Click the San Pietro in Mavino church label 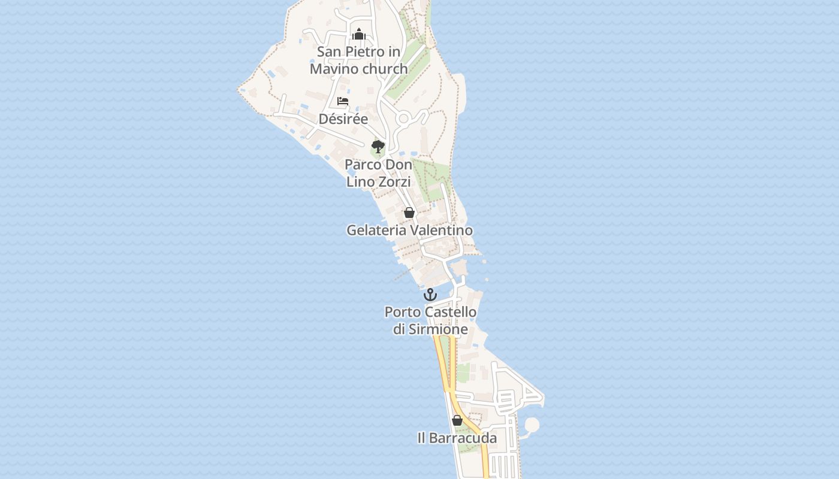358,60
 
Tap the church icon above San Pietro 359,34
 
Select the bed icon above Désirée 343,101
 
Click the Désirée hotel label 343,119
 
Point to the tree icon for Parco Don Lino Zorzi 378,146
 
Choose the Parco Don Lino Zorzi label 378,172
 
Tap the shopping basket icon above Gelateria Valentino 409,213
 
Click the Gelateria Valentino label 409,230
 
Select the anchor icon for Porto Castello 430,295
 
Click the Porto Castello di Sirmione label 430,320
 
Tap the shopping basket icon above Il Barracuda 457,420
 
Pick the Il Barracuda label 457,438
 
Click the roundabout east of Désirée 403,119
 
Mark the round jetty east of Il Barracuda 531,426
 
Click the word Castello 450,312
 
